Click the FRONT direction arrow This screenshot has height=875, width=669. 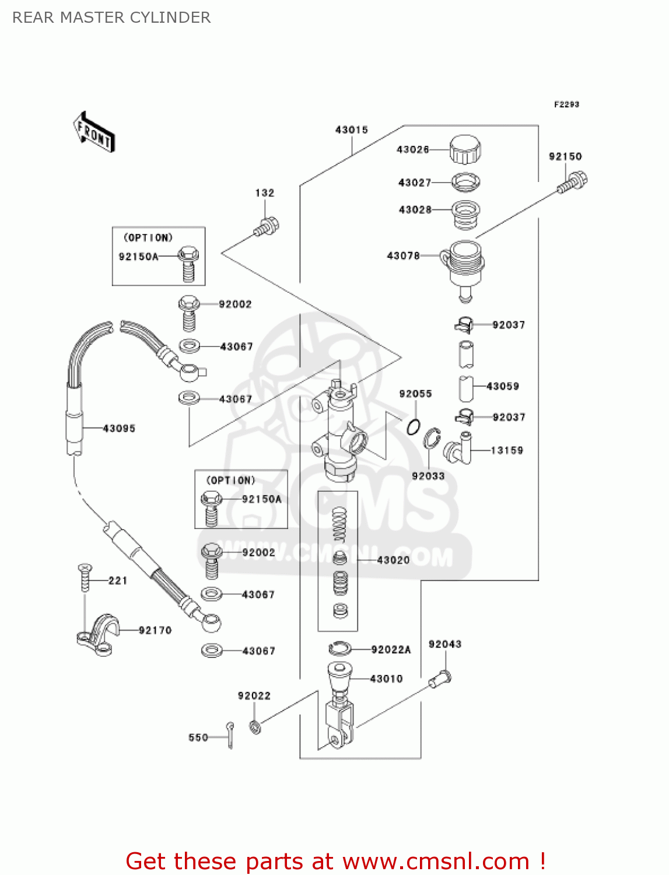pos(93,132)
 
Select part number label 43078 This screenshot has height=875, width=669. pos(403,256)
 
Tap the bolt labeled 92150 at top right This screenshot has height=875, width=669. pos(573,182)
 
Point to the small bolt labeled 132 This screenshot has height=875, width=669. pos(267,227)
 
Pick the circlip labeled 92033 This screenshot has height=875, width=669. pos(432,439)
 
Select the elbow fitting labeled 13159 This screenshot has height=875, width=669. pos(458,449)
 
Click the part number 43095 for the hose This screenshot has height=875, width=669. pos(119,428)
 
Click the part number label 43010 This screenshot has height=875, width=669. pos(386,678)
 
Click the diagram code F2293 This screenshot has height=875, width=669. pos(566,104)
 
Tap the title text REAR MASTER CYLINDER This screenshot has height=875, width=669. pos(111,17)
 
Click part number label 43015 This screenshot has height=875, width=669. pos(351,129)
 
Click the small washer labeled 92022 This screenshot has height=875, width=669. pos(255,727)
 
